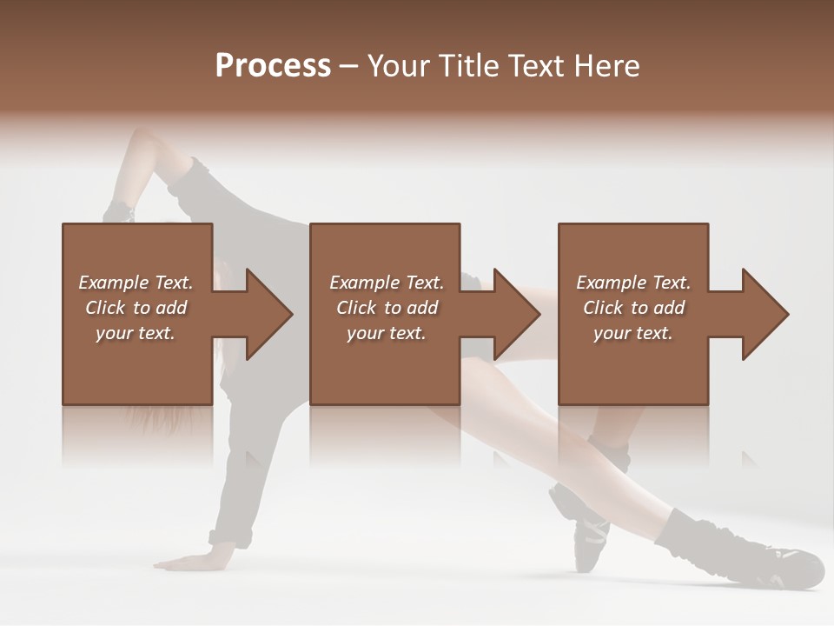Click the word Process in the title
coord(273,66)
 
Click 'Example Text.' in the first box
coord(136,283)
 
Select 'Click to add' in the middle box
coord(387,308)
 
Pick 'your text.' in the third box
coord(633,333)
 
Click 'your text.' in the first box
coord(136,333)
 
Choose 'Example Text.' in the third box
coord(633,283)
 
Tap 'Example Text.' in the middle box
coord(387,283)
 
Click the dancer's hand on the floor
coord(187,561)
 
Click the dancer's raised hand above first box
coord(120,211)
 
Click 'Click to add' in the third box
coord(633,308)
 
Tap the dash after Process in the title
coord(349,66)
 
